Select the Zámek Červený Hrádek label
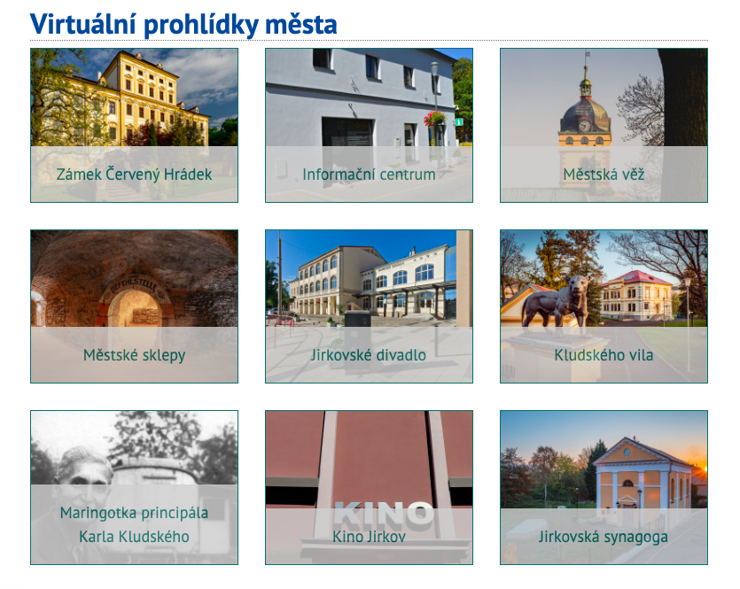[x=134, y=174]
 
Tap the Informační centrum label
[x=369, y=174]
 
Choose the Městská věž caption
[x=604, y=174]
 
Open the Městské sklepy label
[x=134, y=355]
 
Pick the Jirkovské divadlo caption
[x=369, y=355]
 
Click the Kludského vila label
[x=604, y=355]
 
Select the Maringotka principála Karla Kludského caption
[x=134, y=524]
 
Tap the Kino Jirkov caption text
[x=369, y=537]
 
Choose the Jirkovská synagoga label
[x=604, y=537]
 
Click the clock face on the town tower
[x=584, y=126]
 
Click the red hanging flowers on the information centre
[x=434, y=118]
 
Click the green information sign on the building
[x=459, y=122]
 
